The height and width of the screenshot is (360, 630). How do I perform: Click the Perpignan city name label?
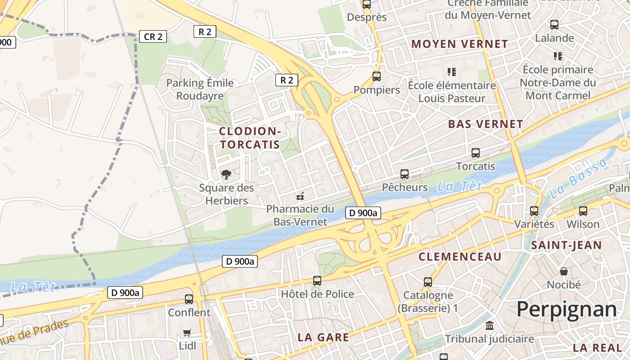pos(567,310)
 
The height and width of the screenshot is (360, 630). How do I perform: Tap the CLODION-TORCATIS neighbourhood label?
pos(250,138)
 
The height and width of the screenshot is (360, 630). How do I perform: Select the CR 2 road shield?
pos(153,36)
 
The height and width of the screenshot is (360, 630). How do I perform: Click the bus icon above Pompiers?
pos(377,76)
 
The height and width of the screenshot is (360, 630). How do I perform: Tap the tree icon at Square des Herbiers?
pos(226,174)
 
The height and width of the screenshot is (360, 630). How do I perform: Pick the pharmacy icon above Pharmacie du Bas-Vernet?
pos(300,196)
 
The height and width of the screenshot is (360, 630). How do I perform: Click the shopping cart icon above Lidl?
pos(187,333)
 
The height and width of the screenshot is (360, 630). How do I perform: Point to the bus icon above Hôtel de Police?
pos(317,281)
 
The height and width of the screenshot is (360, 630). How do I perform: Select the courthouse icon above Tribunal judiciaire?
pos(489,325)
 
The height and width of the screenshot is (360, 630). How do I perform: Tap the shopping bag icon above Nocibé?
pos(563,271)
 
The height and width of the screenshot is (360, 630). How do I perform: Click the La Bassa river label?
pos(578,179)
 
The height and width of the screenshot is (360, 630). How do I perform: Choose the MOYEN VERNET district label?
pos(459,44)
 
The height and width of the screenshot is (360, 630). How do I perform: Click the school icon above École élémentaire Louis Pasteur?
pos(451,72)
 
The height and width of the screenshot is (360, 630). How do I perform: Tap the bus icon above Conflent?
pos(189,299)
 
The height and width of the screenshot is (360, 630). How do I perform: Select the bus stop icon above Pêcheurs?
pos(405,174)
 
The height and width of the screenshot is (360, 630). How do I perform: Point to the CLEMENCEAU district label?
pos(460,257)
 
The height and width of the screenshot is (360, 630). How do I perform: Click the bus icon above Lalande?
pos(554,25)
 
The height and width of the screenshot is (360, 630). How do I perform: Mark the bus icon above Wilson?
pos(583,211)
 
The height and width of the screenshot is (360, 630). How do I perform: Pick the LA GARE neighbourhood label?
pos(323,337)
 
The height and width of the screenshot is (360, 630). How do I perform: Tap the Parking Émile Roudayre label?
pos(200,89)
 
